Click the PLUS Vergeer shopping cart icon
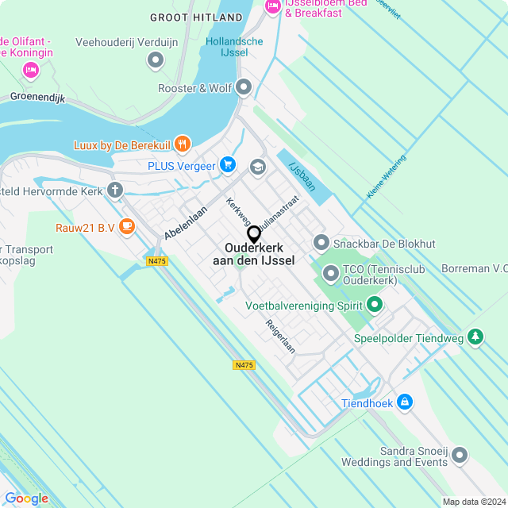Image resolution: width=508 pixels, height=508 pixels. coord(228,164)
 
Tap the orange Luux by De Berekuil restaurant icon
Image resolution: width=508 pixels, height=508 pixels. coord(183,144)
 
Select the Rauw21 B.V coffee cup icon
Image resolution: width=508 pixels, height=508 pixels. coord(126,226)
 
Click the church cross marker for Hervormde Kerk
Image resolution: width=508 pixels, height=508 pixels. coord(116,190)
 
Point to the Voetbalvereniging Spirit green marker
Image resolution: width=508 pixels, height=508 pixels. coord(375,304)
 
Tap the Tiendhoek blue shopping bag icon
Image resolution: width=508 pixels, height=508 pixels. coord(406,402)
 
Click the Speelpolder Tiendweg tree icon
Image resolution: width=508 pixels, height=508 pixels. coord(475,337)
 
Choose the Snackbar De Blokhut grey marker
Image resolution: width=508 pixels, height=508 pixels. coord(321,242)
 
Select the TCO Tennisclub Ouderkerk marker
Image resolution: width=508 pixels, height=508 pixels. coord(331,275)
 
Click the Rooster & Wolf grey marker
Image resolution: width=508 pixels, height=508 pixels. coord(244,87)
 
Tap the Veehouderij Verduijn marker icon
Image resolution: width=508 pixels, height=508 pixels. coord(155,60)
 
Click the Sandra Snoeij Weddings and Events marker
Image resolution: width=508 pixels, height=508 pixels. coord(461,455)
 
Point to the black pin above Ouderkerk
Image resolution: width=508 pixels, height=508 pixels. coord(254,234)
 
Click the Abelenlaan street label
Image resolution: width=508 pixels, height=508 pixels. coord(185,224)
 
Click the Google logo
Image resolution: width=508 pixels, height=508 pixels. coord(26,498)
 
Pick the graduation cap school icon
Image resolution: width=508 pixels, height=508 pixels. coord(257,167)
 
